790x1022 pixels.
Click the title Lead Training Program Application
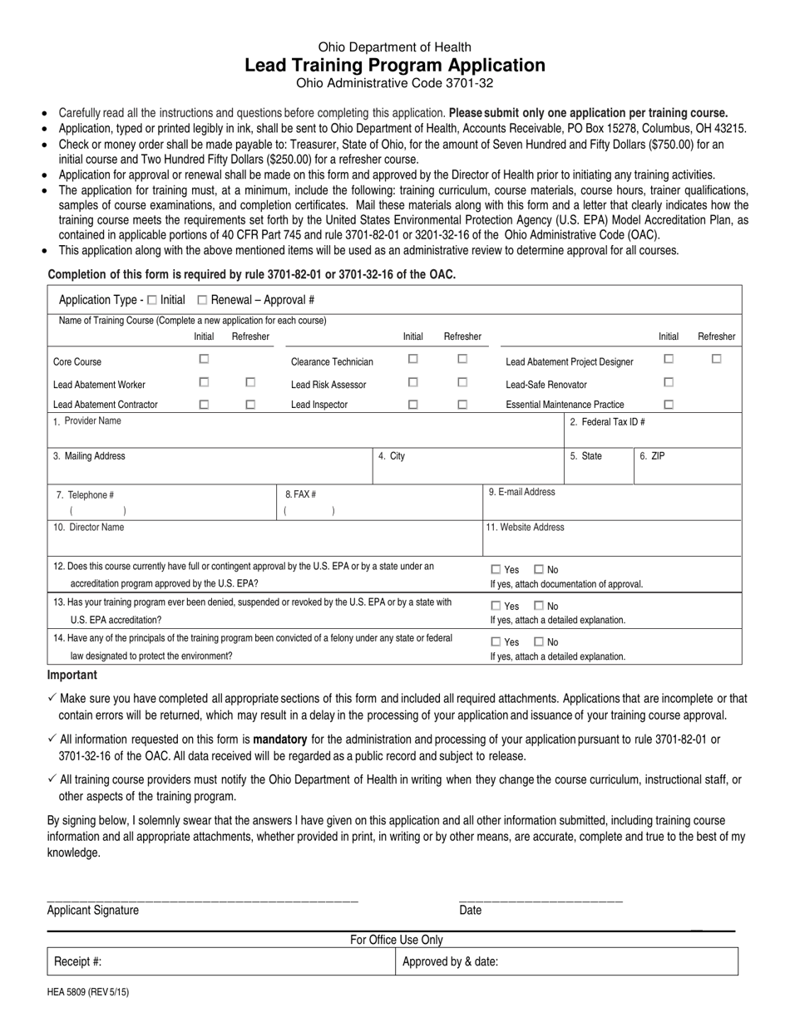point(395,66)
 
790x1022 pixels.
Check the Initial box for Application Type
point(151,300)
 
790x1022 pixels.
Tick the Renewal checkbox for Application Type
point(202,300)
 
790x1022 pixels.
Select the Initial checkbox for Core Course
point(204,360)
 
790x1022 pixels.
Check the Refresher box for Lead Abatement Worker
point(250,382)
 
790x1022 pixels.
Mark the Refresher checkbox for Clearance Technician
point(463,360)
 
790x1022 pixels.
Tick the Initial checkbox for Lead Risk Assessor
point(412,382)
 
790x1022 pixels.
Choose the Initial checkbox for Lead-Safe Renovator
point(668,382)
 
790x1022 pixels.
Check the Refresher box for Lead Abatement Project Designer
point(717,360)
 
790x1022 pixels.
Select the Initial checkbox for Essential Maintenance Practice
point(668,405)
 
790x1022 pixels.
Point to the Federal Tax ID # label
point(607,422)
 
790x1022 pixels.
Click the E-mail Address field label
point(521,492)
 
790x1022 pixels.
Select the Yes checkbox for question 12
point(496,570)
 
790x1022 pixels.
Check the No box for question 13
point(539,607)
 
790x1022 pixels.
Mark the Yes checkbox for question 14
point(496,642)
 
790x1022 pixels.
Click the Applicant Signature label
point(93,911)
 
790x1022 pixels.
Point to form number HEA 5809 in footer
point(88,992)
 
